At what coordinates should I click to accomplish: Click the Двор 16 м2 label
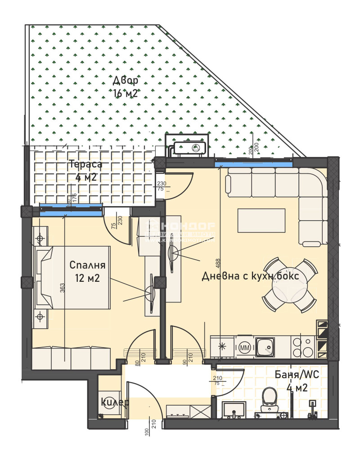tap(126, 86)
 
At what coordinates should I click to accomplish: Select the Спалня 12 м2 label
tap(87, 271)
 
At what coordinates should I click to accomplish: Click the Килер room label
tap(114, 402)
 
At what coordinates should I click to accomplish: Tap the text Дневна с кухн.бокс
tap(250, 276)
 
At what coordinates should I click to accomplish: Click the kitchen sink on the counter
tap(267, 347)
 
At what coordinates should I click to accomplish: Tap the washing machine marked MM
tap(244, 347)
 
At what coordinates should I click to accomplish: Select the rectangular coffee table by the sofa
tap(261, 220)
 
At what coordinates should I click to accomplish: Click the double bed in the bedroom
tap(74, 277)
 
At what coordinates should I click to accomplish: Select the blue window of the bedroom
tap(70, 208)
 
